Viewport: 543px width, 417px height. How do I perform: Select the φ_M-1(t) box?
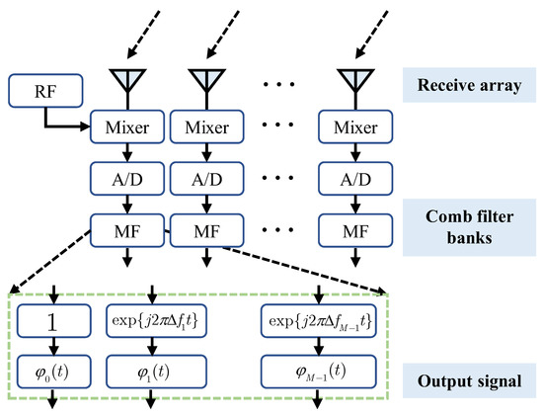pyautogui.click(x=318, y=372)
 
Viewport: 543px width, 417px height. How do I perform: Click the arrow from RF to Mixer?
pyautogui.click(x=69, y=125)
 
